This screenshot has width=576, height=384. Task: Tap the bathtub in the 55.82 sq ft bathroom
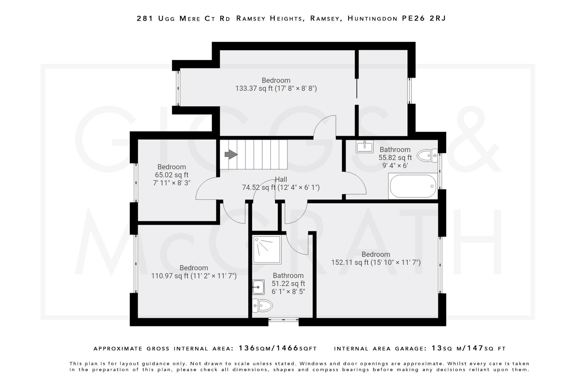click(413, 186)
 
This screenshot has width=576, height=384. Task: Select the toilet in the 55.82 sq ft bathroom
click(427, 155)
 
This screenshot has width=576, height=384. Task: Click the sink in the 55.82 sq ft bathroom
click(364, 147)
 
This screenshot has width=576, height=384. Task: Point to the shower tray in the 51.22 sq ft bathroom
click(267, 250)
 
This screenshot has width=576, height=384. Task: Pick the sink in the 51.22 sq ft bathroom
click(258, 287)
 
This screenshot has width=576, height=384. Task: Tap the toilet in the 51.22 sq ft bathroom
click(262, 305)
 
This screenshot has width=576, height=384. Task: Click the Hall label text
click(281, 179)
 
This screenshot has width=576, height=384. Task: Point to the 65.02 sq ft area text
click(172, 175)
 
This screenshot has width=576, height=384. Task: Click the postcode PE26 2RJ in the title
click(424, 19)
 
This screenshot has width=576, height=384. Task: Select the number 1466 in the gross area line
click(287, 348)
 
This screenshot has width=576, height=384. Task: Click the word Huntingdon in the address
click(372, 19)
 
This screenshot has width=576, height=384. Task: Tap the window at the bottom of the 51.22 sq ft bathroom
click(283, 320)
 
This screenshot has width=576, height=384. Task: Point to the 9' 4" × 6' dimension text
click(395, 165)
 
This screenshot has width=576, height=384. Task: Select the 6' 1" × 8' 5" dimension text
click(288, 291)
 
